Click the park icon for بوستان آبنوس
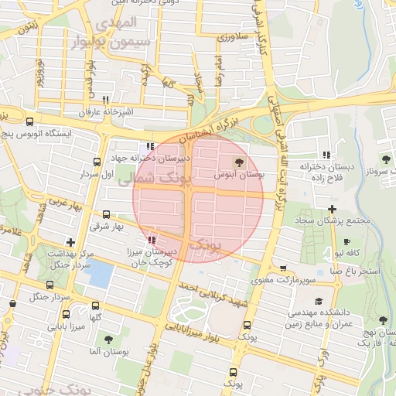point(237,162)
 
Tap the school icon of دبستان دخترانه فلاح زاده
point(326,154)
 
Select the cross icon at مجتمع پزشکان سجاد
point(332,209)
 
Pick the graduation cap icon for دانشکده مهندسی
point(319,301)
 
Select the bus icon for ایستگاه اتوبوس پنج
point(29,121)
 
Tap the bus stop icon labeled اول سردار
point(97,162)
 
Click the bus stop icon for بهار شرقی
point(106,215)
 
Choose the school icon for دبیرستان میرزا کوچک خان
point(151,240)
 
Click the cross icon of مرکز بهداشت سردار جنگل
point(70,242)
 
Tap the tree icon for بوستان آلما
point(108,339)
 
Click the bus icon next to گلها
point(95,306)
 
